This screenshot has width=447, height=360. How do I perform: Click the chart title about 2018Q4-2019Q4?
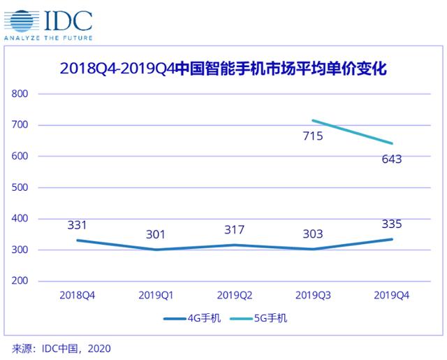tap(223, 69)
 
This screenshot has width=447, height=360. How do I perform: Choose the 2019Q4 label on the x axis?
tap(392, 296)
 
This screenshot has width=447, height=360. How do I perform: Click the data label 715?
tap(312, 136)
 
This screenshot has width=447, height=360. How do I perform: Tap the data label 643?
tap(392, 159)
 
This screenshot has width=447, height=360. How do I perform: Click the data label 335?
tap(392, 224)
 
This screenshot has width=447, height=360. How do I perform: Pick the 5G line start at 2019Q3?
tap(313, 120)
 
